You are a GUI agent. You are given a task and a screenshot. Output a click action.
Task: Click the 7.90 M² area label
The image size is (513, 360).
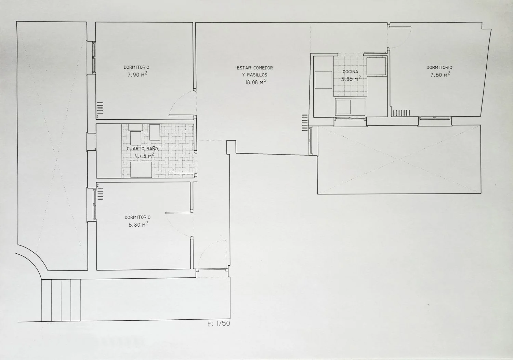pyautogui.click(x=137, y=75)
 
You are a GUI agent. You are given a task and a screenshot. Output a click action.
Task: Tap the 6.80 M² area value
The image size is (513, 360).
pyautogui.click(x=138, y=224)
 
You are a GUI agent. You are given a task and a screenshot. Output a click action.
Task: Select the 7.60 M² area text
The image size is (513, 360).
pyautogui.click(x=440, y=75)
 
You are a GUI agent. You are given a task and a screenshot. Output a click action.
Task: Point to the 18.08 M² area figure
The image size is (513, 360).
pyautogui.click(x=256, y=82)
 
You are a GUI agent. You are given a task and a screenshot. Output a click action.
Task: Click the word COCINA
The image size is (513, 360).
pyautogui.click(x=350, y=72)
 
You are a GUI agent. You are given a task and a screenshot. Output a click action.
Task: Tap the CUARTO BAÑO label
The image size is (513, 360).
pyautogui.click(x=142, y=149)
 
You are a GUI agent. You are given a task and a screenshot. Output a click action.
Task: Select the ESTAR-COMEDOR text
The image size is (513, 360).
pyautogui.click(x=255, y=68)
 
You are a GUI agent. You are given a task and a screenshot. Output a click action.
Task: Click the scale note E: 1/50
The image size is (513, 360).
pyautogui.click(x=219, y=324)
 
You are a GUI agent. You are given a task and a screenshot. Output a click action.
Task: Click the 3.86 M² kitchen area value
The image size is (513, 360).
pyautogui.click(x=351, y=79)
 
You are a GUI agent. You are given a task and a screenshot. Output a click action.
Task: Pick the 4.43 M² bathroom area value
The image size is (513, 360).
pyautogui.click(x=144, y=156)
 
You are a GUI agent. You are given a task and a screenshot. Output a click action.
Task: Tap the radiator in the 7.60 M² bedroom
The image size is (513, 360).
pyautogui.click(x=402, y=113)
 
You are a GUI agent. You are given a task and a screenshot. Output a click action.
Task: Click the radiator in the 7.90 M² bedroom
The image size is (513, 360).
pyautogui.click(x=100, y=108)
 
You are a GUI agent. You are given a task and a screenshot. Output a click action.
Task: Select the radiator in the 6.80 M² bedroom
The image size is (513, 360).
pyautogui.click(x=100, y=194)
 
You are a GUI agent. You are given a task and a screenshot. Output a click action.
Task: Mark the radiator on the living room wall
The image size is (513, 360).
pyautogui.click(x=305, y=123)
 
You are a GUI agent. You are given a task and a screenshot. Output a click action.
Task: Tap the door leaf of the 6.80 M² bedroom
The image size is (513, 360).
pyautogui.click(x=178, y=213)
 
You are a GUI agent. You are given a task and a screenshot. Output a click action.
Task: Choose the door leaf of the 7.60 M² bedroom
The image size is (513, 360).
pyautogui.click(x=400, y=27)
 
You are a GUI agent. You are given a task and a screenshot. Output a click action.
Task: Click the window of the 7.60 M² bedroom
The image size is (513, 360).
pyautogui.click(x=434, y=118)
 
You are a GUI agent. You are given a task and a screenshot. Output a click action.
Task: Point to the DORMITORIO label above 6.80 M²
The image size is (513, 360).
pyautogui.click(x=137, y=217)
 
